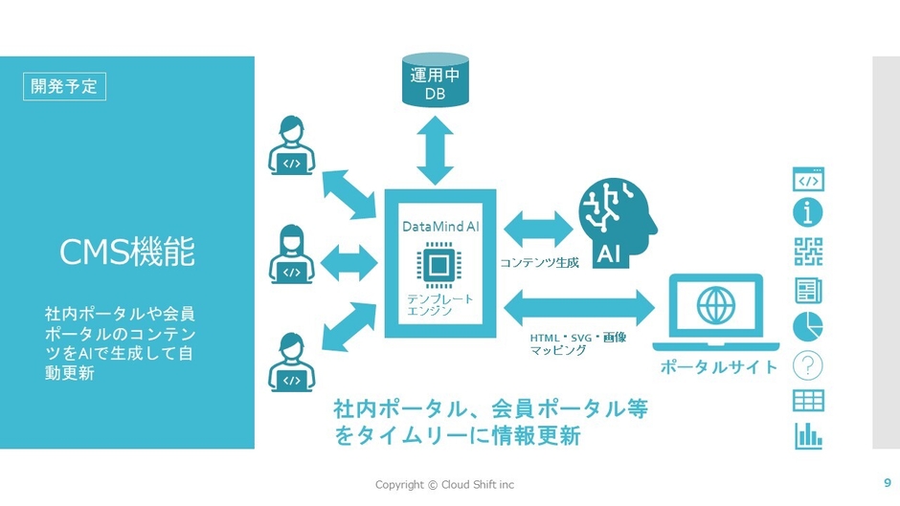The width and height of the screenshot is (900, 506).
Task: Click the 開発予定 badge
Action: point(64,86)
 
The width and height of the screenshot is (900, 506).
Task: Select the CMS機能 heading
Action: point(127,253)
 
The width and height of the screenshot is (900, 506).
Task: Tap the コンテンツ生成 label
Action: point(540,261)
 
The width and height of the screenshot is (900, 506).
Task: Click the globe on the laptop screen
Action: point(713,306)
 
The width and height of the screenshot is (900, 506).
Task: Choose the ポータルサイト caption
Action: point(719,367)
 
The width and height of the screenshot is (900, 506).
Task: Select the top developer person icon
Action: point(292,146)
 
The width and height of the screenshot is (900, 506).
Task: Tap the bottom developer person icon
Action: point(292,363)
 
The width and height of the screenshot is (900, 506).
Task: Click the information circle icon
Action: point(808,213)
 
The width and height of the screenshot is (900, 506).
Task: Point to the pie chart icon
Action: point(808,326)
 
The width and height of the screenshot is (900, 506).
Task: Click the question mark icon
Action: point(808,364)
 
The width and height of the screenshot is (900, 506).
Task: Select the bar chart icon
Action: point(808,436)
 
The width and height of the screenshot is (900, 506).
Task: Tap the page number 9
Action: point(887,482)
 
